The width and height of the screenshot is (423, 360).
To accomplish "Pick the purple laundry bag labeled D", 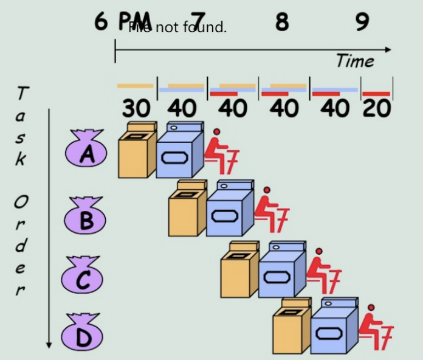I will point(81,333).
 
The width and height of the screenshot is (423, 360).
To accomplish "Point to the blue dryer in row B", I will point(229,209).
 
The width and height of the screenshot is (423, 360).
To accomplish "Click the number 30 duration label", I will point(136,109).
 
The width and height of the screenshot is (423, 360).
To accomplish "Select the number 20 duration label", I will point(377,109).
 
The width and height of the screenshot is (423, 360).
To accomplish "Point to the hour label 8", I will point(281,22).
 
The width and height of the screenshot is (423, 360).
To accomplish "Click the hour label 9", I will point(362,22).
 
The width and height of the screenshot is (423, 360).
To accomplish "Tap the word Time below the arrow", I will point(355,61).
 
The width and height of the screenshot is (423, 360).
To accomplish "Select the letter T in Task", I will point(22,94).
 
